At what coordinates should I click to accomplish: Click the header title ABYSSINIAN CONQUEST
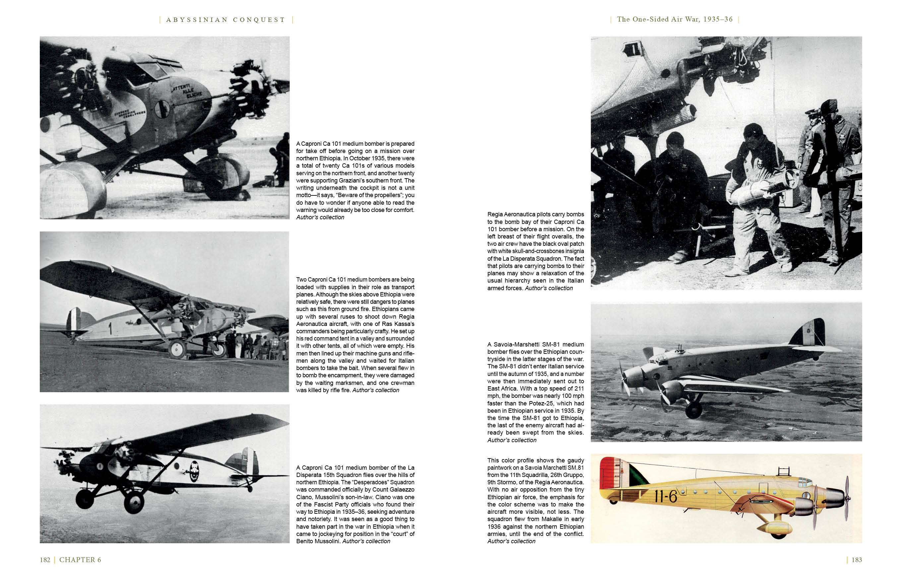pyautogui.click(x=225, y=20)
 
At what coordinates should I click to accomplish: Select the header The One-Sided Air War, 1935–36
pyautogui.click(x=675, y=19)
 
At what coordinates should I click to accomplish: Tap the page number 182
pyautogui.click(x=45, y=559)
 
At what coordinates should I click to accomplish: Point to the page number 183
pyautogui.click(x=857, y=559)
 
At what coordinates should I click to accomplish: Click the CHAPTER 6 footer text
pyautogui.click(x=80, y=559)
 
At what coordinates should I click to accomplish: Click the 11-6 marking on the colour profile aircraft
pyautogui.click(x=666, y=496)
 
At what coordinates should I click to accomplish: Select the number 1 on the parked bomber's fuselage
pyautogui.click(x=110, y=328)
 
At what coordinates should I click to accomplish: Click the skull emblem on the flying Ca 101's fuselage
pyautogui.click(x=194, y=471)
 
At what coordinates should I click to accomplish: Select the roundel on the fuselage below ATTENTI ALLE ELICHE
pyautogui.click(x=162, y=109)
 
